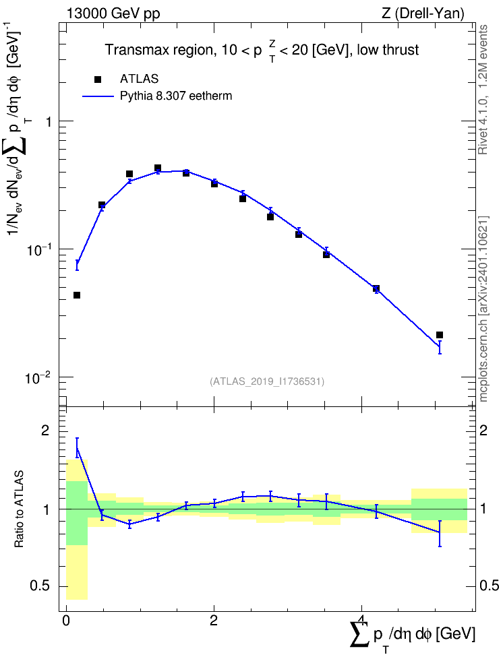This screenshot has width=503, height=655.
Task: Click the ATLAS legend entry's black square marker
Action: click(x=98, y=80)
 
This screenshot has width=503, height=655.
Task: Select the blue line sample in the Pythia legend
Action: click(x=98, y=96)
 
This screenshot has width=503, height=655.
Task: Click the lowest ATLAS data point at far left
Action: click(x=76, y=295)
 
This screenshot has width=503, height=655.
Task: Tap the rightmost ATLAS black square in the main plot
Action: click(x=440, y=335)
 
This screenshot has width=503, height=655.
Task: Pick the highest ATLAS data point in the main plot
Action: click(x=158, y=168)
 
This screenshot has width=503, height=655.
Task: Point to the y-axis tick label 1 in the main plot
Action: click(x=49, y=123)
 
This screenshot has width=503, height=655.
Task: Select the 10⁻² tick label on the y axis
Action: click(x=38, y=377)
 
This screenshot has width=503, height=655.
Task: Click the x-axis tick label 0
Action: click(x=66, y=621)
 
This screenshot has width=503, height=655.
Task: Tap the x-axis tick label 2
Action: click(x=214, y=621)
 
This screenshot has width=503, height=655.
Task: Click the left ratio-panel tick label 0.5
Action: click(x=40, y=586)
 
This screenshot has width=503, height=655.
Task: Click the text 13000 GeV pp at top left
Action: click(x=113, y=13)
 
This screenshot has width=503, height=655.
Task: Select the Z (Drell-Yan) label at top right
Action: click(x=423, y=13)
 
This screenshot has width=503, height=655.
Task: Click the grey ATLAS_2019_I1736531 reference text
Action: click(x=266, y=381)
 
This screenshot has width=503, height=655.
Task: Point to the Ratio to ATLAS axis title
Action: click(x=19, y=509)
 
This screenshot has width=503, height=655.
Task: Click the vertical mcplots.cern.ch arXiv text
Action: click(x=483, y=309)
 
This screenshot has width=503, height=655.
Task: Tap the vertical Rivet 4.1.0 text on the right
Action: click(x=483, y=90)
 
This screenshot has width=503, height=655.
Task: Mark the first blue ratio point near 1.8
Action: click(x=77, y=448)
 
